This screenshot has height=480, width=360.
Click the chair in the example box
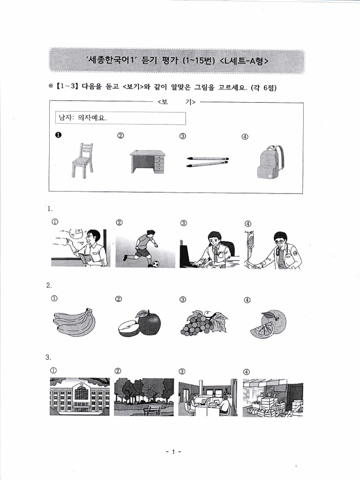click(x=82, y=160)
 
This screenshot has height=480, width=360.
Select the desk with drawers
click(x=148, y=162)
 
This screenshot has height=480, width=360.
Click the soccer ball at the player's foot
click(x=156, y=264)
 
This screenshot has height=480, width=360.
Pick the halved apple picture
click(x=139, y=323)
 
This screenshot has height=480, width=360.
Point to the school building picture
click(x=80, y=396)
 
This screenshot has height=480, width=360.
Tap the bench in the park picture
click(x=152, y=410)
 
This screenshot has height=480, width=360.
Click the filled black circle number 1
click(x=58, y=135)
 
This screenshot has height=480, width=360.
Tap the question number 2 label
click(x=49, y=285)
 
